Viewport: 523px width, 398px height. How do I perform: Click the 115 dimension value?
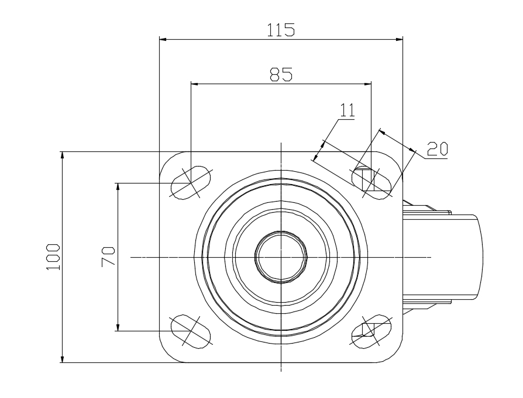click(x=281, y=30)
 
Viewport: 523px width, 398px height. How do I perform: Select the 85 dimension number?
click(x=281, y=74)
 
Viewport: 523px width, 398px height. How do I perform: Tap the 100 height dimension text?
click(x=53, y=257)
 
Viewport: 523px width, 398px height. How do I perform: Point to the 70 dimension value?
click(x=108, y=257)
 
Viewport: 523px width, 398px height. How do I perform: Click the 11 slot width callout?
click(x=347, y=110)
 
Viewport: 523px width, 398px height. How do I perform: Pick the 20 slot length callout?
click(x=437, y=149)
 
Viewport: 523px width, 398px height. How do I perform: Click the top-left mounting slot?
click(x=191, y=182)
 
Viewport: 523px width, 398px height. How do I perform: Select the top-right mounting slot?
click(x=371, y=182)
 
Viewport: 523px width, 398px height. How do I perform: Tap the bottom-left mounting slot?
click(x=191, y=331)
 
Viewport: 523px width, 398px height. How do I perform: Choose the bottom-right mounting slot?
click(x=371, y=331)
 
